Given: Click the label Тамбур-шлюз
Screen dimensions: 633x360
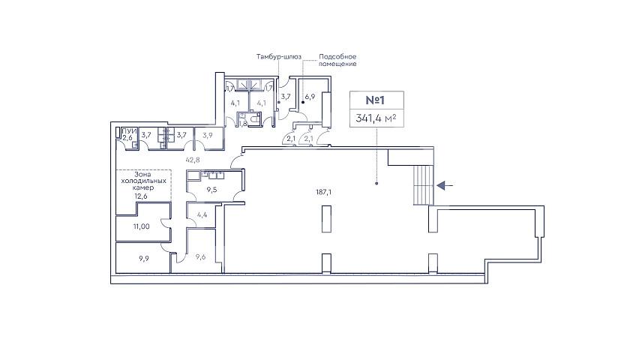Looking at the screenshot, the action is pos(279,57).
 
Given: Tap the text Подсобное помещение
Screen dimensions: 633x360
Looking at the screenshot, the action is pos(337,60).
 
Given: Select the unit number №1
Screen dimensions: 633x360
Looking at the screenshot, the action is pos(376,100).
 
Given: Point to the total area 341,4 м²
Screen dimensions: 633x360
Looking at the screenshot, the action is pos(376,118).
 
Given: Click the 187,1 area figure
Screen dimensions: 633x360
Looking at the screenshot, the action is pos(323,192).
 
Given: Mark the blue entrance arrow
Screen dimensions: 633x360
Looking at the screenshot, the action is pos(445,186).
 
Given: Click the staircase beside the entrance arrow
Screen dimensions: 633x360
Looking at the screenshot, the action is pos(423,184).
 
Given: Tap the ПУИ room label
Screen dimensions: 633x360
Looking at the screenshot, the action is pos(129,131).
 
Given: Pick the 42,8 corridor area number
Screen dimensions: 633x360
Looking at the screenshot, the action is pos(193,160).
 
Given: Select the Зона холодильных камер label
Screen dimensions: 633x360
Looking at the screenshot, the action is pos(143,181).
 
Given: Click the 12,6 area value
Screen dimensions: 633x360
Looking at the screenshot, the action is pos(141,196).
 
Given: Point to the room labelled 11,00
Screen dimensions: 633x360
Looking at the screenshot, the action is pos(141,226).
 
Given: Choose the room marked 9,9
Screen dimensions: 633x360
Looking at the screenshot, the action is pos(144,258).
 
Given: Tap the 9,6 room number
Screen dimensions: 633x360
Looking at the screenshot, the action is pos(200,256).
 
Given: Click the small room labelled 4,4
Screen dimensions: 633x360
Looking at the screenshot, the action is pos(202,214).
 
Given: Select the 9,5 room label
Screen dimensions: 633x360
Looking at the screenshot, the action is pos(211,189).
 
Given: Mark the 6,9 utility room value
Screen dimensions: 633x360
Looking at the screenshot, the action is pos(310,97).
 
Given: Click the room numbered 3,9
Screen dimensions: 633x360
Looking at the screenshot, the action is pos(208,136).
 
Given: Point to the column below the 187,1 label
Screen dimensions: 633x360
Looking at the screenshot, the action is pos(326,219).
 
